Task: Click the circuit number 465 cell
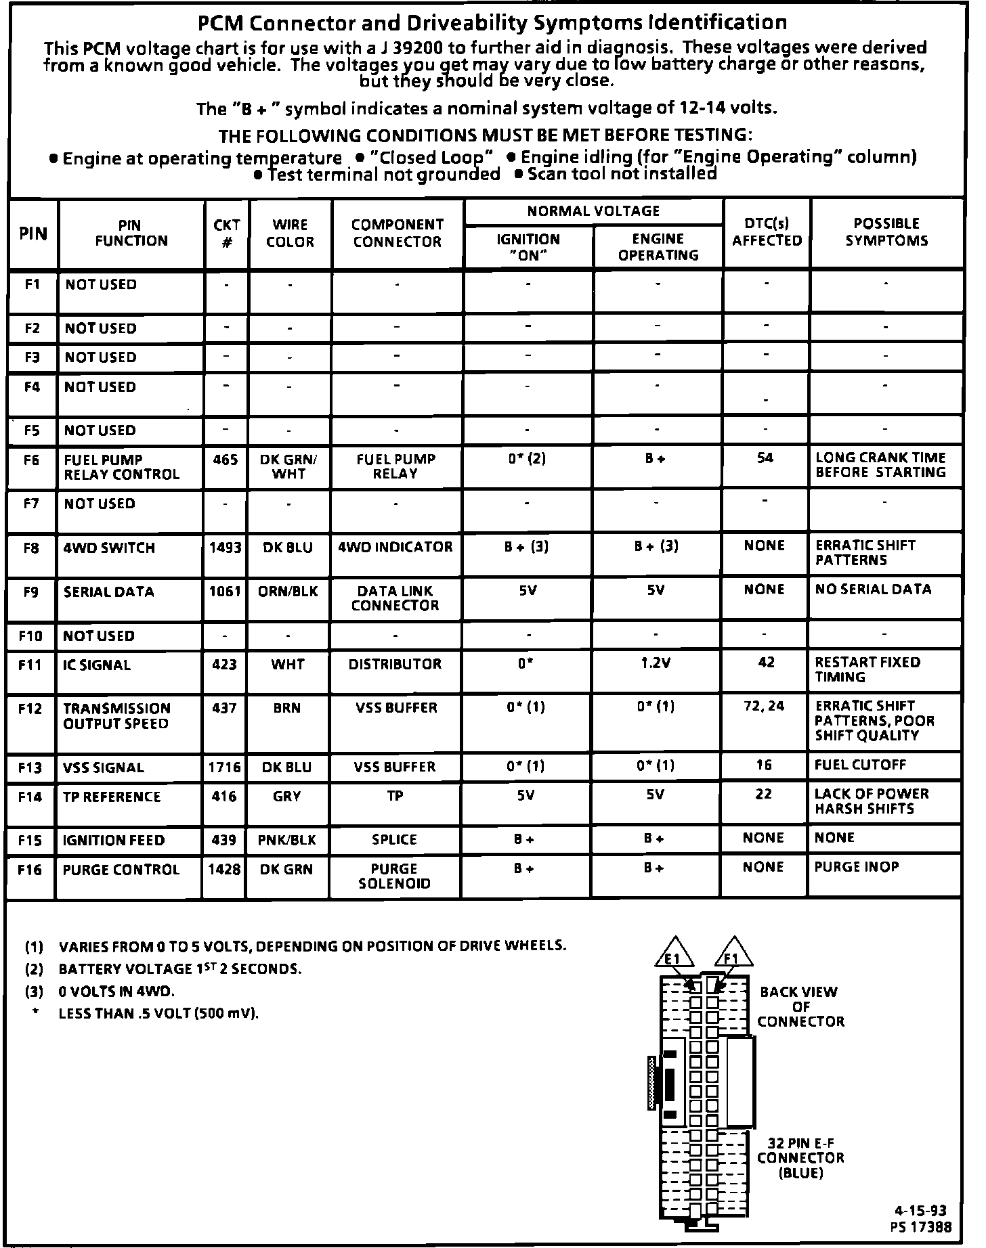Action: [226, 460]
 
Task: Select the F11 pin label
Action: [30, 665]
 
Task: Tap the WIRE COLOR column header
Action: [290, 233]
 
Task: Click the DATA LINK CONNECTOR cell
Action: [395, 598]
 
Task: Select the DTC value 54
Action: [765, 459]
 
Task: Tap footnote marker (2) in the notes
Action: [34, 969]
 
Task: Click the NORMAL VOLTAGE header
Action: [593, 211]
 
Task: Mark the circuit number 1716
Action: [225, 767]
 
